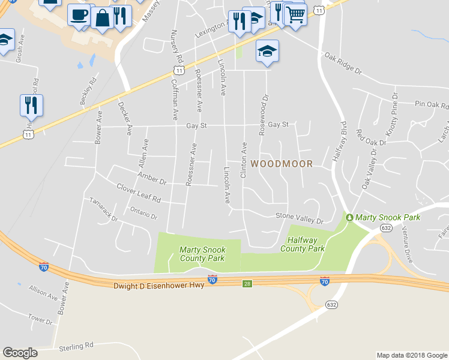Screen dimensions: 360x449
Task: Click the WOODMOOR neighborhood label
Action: [x=282, y=163]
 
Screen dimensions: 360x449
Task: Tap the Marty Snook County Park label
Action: [x=202, y=254]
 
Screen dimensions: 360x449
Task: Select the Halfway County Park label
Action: [x=303, y=244]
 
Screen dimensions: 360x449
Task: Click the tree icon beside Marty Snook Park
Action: [x=349, y=217]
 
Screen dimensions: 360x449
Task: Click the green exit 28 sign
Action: [x=247, y=283]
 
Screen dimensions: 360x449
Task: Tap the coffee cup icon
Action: [x=79, y=14]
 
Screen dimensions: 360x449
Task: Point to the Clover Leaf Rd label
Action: [x=139, y=193]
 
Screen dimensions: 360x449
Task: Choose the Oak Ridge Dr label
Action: [x=343, y=63]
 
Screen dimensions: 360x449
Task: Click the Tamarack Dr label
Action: [x=103, y=209]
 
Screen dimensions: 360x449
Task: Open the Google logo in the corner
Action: [x=20, y=353]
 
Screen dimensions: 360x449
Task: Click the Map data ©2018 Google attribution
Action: [x=412, y=355]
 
